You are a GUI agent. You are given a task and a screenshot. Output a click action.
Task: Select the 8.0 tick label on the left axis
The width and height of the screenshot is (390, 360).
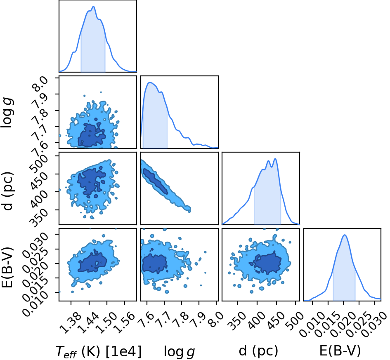coord(39,85)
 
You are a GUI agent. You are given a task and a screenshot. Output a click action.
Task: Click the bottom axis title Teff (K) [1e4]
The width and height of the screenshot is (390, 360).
coord(99,352)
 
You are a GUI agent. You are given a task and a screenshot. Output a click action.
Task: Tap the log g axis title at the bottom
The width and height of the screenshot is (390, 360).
coord(180,352)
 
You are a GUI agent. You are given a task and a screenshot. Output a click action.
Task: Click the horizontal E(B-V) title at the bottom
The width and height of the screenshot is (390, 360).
coord(340,351)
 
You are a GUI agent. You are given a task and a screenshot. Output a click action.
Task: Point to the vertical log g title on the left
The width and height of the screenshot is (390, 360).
coord(7,113)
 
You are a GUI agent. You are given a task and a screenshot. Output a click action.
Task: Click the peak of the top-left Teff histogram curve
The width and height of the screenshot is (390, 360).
coord(94,7)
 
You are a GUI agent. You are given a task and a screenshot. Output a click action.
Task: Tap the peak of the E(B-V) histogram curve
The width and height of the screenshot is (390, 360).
coord(345,235)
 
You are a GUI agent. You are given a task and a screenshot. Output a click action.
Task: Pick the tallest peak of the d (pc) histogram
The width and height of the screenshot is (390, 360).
coord(275,159)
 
